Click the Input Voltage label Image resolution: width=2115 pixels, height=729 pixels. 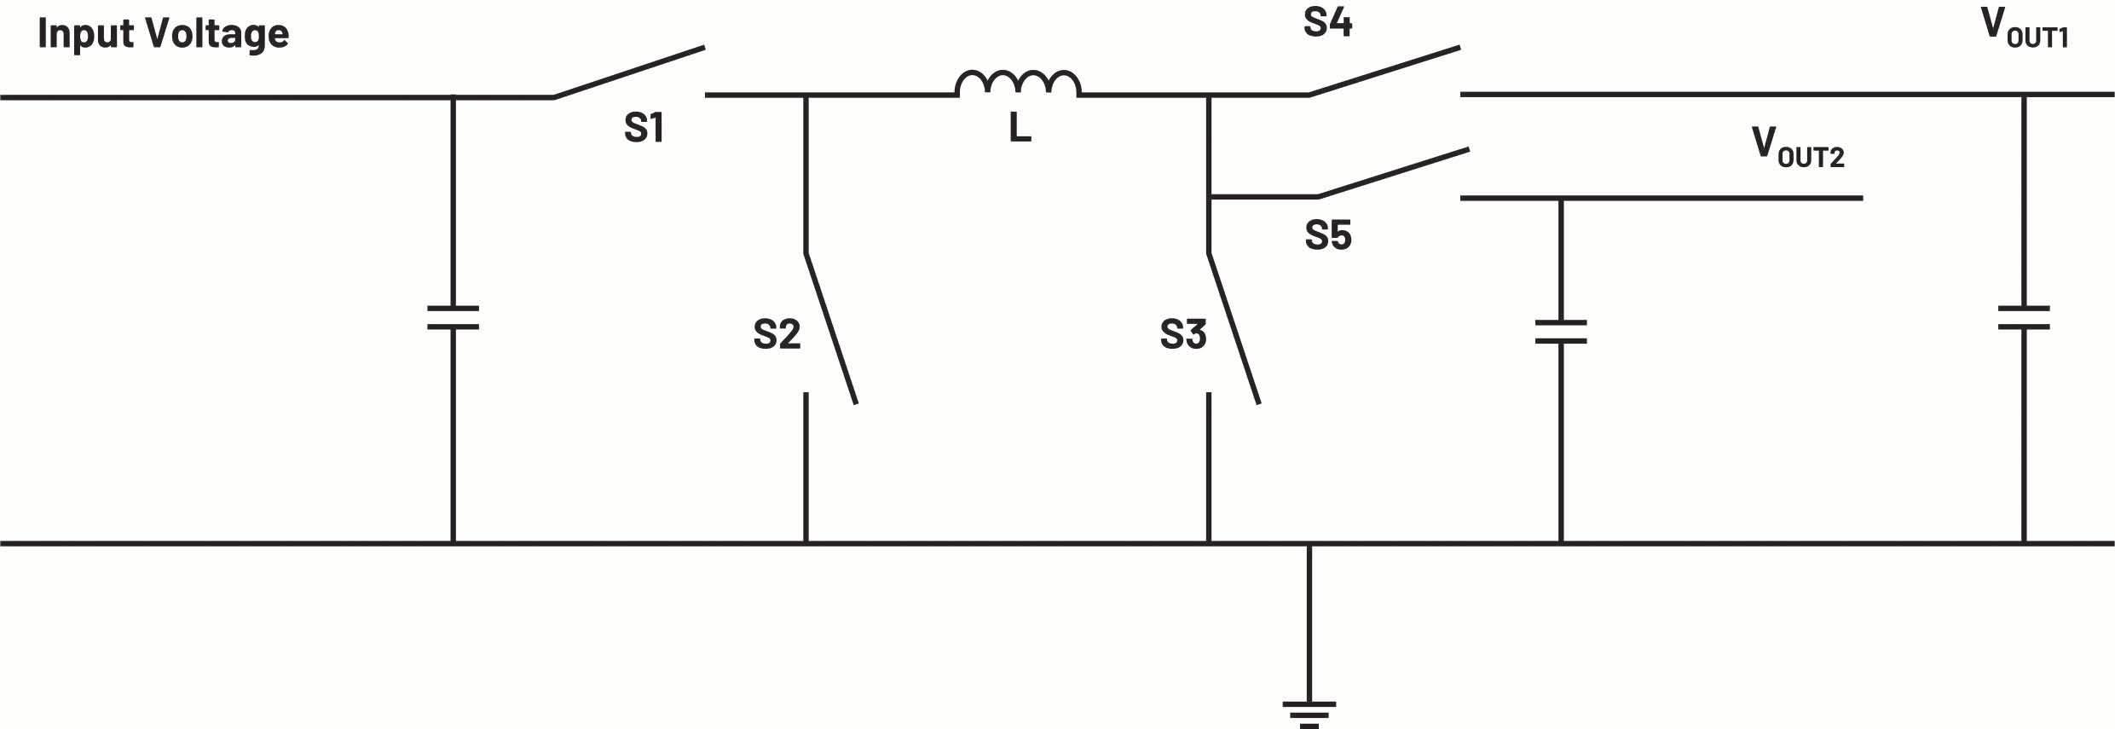tap(164, 35)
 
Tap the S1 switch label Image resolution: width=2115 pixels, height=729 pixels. tap(644, 128)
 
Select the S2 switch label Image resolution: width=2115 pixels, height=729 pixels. tap(777, 334)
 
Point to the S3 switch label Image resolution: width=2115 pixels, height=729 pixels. tap(1182, 334)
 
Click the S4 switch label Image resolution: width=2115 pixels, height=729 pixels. tap(1327, 22)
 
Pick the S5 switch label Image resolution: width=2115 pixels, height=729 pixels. tap(1327, 235)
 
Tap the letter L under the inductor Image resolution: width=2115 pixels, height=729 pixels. tap(1020, 129)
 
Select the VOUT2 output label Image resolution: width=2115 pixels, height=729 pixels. tap(1797, 147)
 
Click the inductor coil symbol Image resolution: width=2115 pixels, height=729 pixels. tap(1018, 84)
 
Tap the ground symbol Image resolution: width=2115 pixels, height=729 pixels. tap(1309, 712)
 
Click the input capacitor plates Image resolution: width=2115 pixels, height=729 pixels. tap(453, 317)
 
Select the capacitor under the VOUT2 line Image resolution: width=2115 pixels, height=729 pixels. tap(1560, 332)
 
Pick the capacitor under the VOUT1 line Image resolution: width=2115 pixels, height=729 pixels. tap(2024, 317)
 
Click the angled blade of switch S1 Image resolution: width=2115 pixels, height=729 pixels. tap(629, 72)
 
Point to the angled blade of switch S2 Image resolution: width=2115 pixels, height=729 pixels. tap(831, 327)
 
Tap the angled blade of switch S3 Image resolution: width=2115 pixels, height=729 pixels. tap(1234, 327)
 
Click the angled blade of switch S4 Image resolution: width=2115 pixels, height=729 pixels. tap(1384, 71)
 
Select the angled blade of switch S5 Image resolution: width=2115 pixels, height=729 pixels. tap(1393, 173)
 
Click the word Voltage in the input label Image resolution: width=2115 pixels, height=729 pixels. tap(217, 35)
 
